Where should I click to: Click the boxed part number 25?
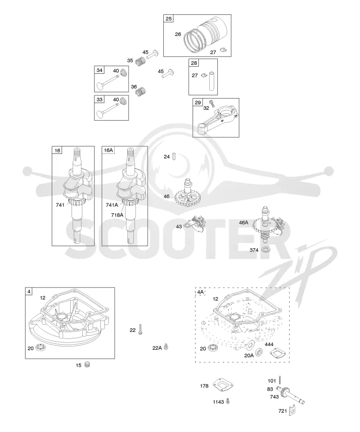[x=169, y=19]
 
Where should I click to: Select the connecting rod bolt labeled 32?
[x=212, y=103]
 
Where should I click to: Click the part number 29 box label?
[x=198, y=103]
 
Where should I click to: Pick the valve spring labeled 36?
[x=141, y=91]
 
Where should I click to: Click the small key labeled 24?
[x=174, y=157]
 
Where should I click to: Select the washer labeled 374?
[x=265, y=250]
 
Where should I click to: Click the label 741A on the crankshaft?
[x=112, y=205]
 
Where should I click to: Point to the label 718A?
[x=117, y=215]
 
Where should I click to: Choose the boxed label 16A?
[x=108, y=150]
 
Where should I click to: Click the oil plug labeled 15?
[x=87, y=365]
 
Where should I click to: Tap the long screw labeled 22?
[x=140, y=329]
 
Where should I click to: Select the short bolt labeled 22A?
[x=166, y=346]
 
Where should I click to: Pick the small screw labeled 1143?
[x=228, y=401]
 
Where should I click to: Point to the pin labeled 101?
[x=279, y=380]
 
